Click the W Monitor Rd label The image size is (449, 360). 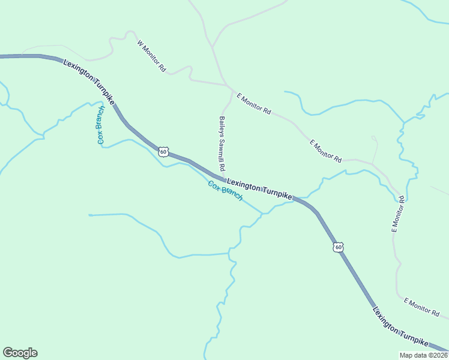point(151,56)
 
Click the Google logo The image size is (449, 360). point(20,353)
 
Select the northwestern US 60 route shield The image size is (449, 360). point(163,151)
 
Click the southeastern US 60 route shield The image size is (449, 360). point(339,247)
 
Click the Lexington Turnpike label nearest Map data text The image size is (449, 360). point(400,328)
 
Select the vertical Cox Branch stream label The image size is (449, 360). point(100,125)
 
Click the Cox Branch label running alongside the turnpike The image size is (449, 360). point(225,191)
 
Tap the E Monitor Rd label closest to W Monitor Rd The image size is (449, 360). point(254,104)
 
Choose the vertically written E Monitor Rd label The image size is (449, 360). point(398,214)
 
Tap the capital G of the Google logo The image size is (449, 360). point(8,353)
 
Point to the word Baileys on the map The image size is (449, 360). point(221,126)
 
